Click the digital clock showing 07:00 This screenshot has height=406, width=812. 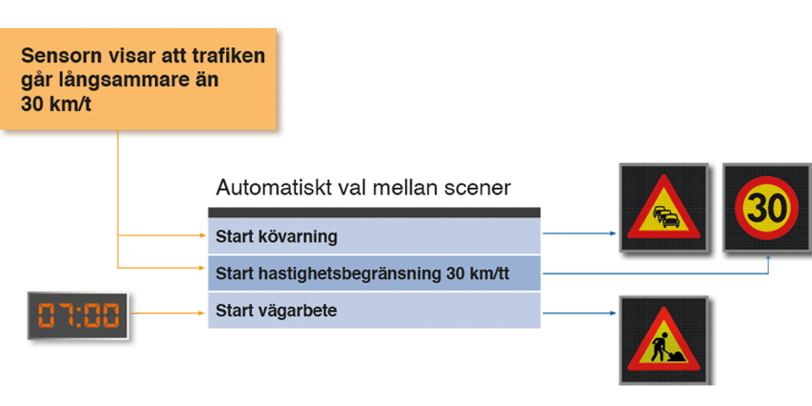78,316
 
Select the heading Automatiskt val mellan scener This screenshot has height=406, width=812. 363,187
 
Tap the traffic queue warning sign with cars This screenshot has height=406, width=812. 662,208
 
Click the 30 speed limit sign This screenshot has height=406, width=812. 765,206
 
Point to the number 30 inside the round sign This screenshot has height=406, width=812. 765,206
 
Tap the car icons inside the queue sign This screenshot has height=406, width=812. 665,217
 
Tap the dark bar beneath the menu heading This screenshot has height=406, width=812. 373,213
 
